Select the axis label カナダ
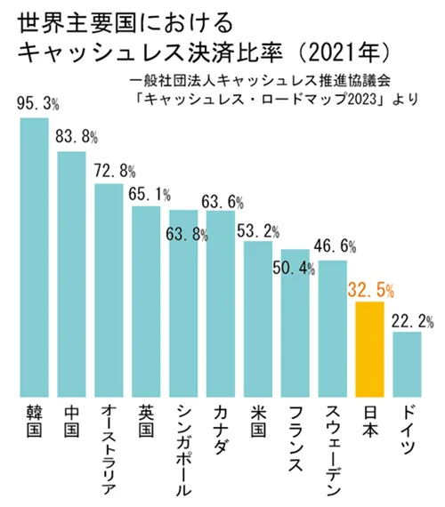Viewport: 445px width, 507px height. pos(220,431)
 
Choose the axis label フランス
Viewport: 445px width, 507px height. pos(295,439)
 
